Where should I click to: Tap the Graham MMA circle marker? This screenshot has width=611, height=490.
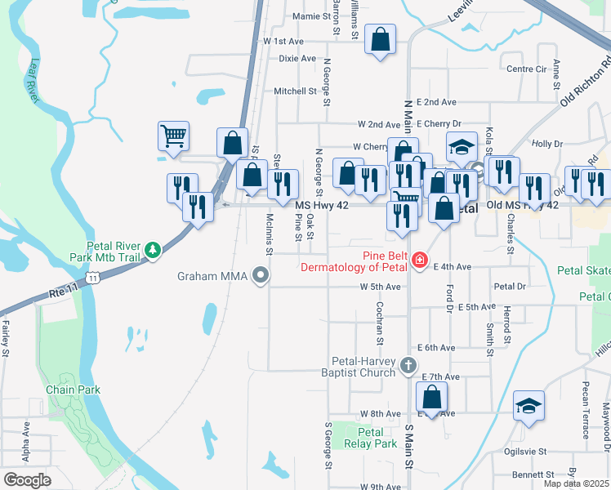pyautogui.click(x=261, y=275)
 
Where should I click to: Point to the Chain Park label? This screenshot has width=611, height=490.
pyautogui.click(x=74, y=390)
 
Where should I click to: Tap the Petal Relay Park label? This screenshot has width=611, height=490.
pyautogui.click(x=371, y=438)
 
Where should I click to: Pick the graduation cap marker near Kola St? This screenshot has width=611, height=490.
pyautogui.click(x=462, y=147)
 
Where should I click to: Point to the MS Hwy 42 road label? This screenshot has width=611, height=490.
pyautogui.click(x=322, y=206)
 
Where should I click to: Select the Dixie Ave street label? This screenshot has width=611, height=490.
pyautogui.click(x=297, y=59)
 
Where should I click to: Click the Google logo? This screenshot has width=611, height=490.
pyautogui.click(x=27, y=479)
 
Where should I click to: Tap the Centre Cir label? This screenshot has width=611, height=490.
pyautogui.click(x=526, y=69)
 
